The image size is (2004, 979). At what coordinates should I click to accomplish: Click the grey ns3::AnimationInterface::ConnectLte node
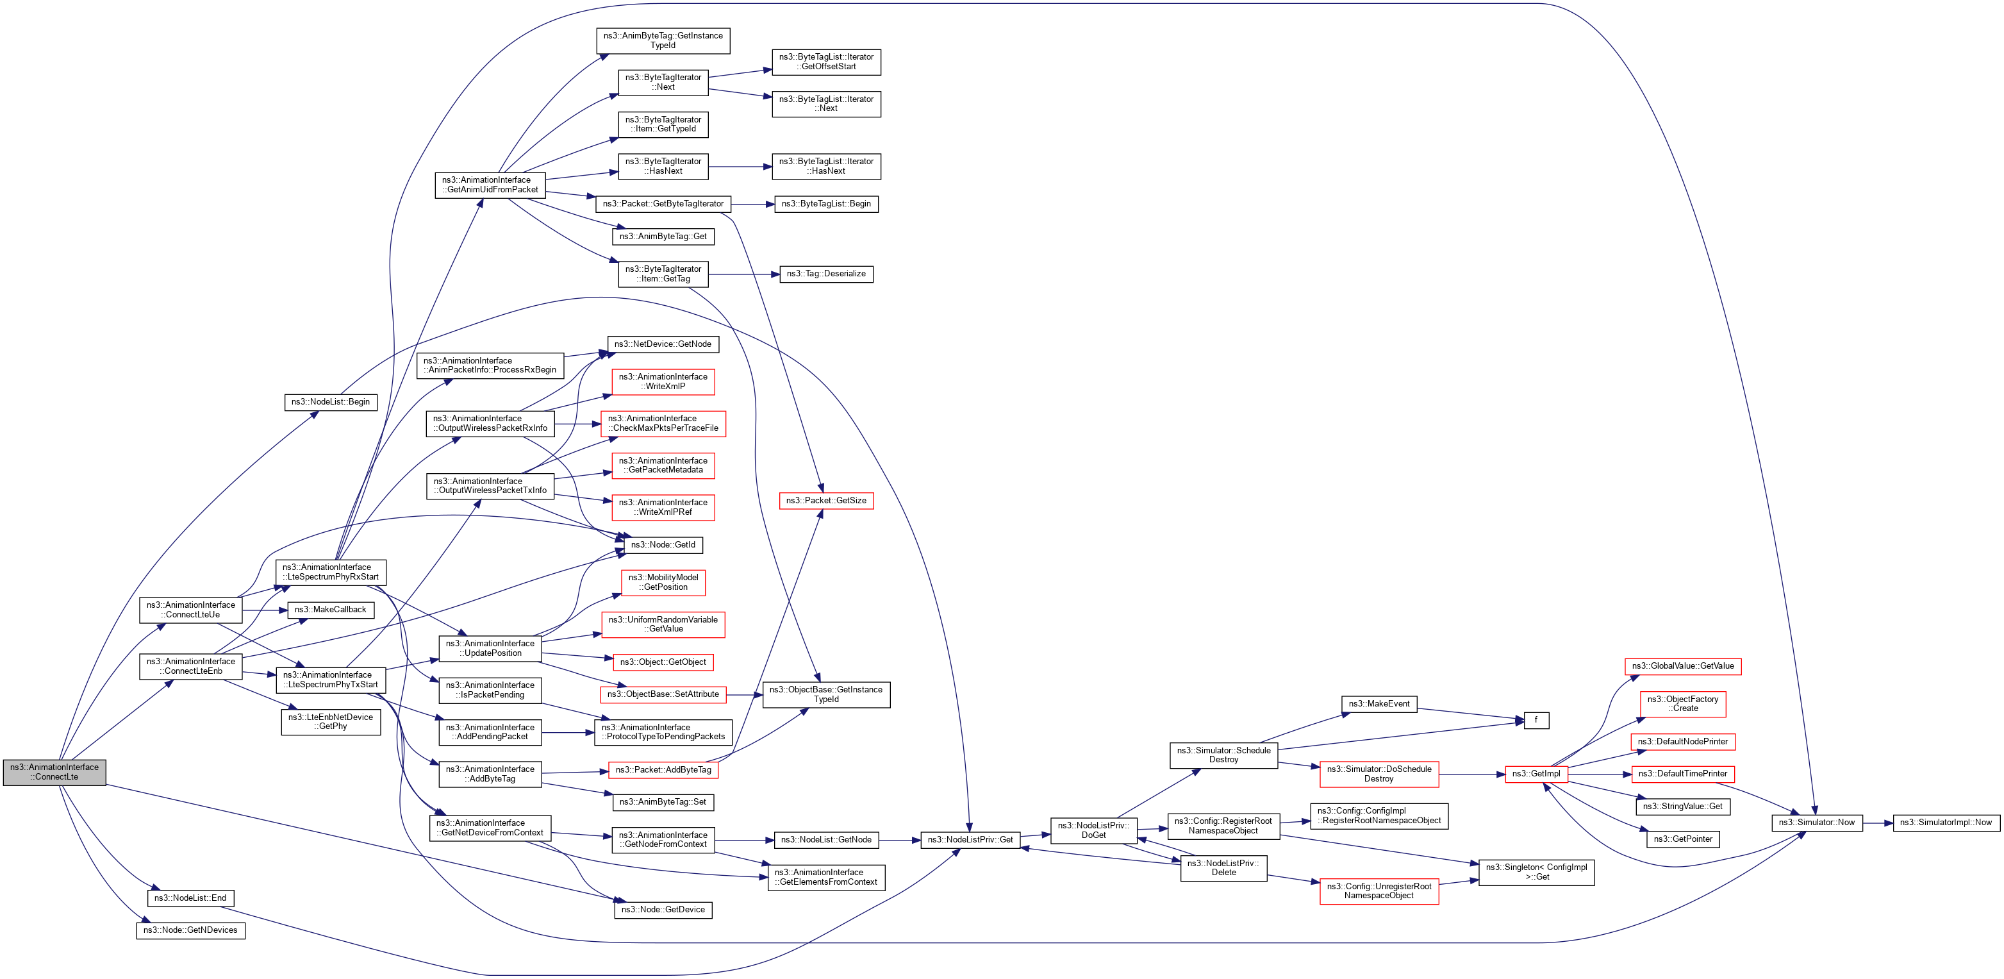pos(54,772)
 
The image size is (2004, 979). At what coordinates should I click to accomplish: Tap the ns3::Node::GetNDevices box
pos(190,930)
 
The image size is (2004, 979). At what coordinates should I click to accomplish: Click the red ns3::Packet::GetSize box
pos(826,500)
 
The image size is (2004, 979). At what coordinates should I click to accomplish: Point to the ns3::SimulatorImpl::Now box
pos(1946,823)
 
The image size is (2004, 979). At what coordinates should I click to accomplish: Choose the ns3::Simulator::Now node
pos(1816,823)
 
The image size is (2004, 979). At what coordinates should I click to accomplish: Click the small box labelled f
pos(1536,721)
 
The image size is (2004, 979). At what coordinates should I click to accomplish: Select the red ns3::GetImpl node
pos(1536,774)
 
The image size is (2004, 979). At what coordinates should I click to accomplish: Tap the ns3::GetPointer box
pos(1683,839)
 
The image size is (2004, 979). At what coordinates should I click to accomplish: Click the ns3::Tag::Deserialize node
pos(826,274)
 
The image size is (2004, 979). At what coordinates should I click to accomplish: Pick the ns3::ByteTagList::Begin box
pos(826,204)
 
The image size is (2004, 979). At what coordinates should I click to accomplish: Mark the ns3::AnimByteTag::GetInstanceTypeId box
pos(663,40)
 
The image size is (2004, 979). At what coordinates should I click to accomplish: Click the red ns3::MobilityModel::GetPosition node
pos(663,582)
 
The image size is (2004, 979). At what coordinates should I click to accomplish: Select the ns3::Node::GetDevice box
pos(663,910)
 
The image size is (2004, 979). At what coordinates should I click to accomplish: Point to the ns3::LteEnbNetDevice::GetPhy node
pos(331,721)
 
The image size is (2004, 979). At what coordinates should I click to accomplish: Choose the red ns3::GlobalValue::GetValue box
pos(1683,666)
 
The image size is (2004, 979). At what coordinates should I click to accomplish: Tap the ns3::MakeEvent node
pos(1379,703)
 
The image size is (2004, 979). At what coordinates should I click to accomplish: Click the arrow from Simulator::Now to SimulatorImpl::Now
pos(1878,823)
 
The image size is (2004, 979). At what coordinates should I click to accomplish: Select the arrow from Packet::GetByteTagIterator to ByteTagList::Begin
pos(753,204)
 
